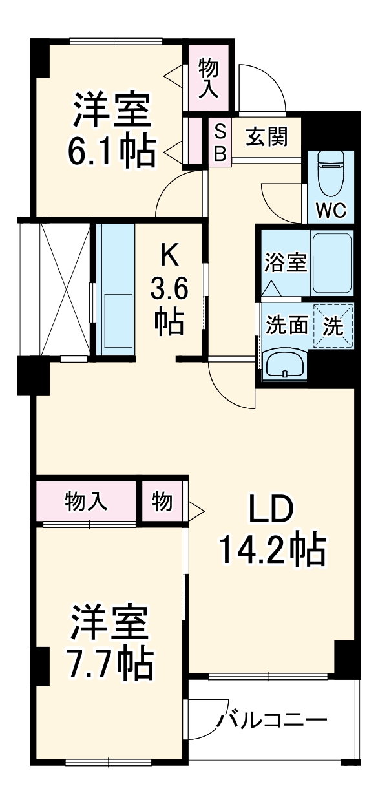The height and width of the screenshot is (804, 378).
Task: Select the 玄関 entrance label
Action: [x=266, y=137]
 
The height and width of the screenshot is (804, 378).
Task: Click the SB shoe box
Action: [x=220, y=142]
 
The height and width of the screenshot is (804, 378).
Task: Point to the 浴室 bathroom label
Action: [x=285, y=264]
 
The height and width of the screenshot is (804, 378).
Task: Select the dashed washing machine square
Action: [x=333, y=325]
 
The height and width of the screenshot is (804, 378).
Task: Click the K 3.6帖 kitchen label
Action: [x=169, y=289]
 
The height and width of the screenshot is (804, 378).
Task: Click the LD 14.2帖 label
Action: [x=271, y=530]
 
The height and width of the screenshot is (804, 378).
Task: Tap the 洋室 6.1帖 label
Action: [x=113, y=129]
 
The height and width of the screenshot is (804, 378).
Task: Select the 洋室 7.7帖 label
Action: [x=111, y=640]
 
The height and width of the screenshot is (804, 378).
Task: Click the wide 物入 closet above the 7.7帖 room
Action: [x=86, y=501]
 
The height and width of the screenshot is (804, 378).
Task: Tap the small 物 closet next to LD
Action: [x=163, y=501]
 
